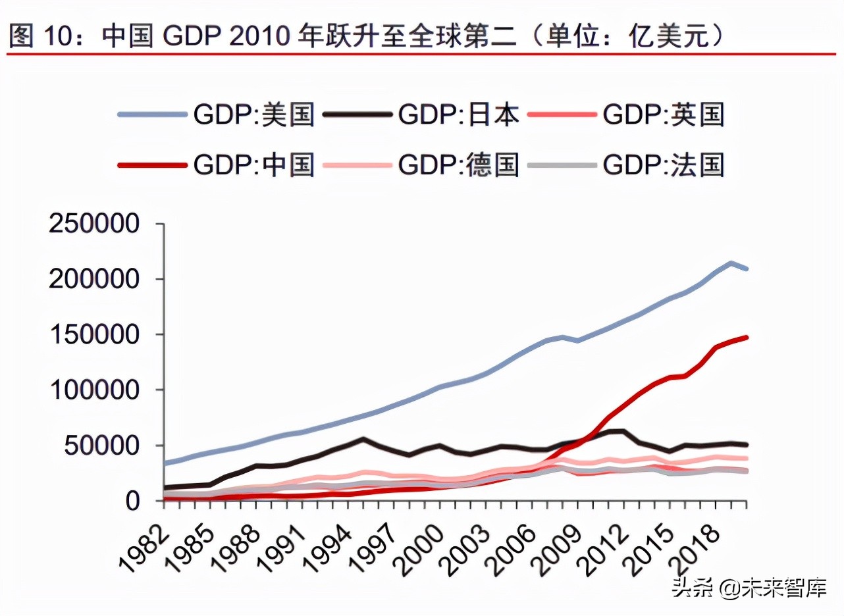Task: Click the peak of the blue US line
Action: pyautogui.click(x=731, y=263)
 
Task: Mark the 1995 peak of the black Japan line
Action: pyautogui.click(x=362, y=438)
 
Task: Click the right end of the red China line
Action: pyautogui.click(x=746, y=337)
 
